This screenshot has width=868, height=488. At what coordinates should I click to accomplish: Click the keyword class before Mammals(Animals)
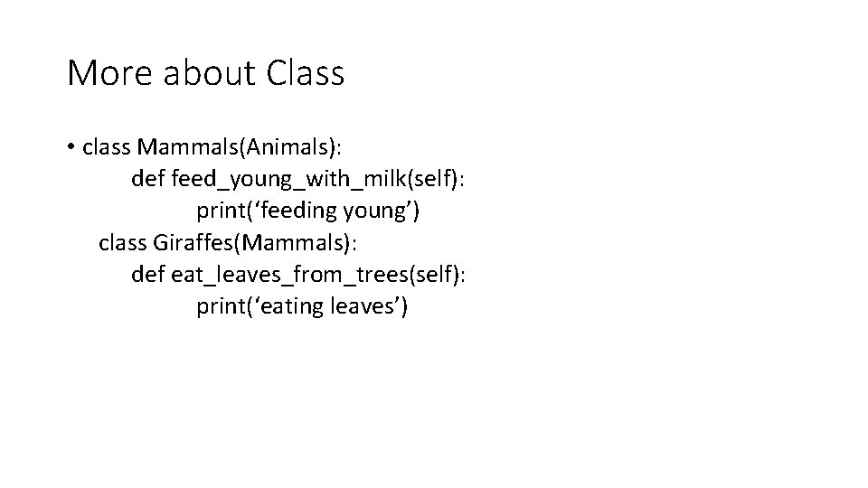pyautogui.click(x=107, y=147)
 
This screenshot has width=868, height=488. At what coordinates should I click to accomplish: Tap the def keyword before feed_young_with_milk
pyautogui.click(x=148, y=179)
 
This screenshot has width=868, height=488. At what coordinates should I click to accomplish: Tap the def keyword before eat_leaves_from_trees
pyautogui.click(x=148, y=274)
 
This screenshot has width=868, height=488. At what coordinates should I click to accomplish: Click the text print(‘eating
pyautogui.click(x=259, y=306)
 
